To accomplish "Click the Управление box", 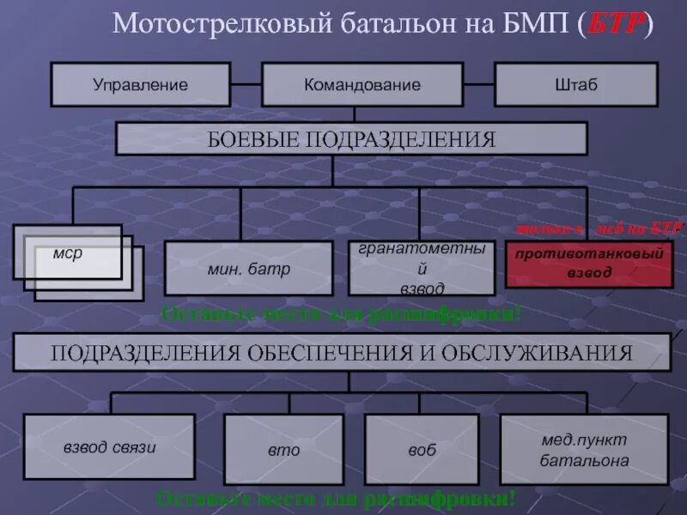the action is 140,84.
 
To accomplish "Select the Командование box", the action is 362,84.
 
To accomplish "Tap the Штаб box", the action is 575,84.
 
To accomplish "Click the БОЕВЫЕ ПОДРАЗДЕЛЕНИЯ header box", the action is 351,138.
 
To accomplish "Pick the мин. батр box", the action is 248,268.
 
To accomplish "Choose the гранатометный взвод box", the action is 422,268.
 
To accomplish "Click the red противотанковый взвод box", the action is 589,264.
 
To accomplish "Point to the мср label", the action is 67,253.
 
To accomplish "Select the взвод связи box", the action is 109,446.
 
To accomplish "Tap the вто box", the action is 283,449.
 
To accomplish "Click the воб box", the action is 422,449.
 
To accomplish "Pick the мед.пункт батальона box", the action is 584,449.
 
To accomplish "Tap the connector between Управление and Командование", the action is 246,84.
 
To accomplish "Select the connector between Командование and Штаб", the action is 479,84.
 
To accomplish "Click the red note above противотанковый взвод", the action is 599,228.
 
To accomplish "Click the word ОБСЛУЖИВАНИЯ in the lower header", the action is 543,353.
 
